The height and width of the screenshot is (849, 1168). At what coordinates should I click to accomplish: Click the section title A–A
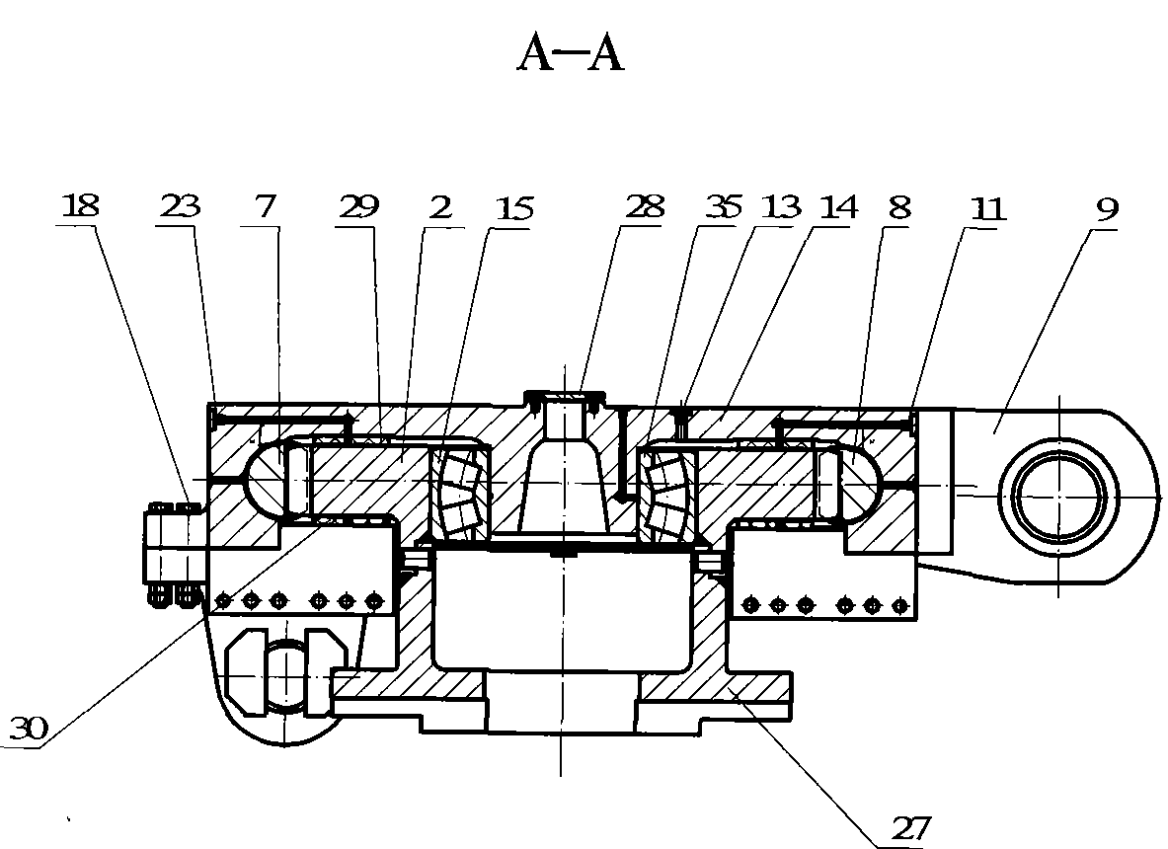[x=570, y=54]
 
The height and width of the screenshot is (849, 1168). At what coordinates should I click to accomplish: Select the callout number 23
[x=180, y=205]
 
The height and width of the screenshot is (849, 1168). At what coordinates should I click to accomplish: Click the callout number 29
[x=359, y=206]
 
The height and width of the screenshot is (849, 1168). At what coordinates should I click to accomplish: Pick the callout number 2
[x=440, y=207]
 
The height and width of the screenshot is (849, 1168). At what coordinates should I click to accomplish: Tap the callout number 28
[x=645, y=206]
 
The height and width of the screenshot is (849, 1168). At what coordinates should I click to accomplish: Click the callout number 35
[x=724, y=207]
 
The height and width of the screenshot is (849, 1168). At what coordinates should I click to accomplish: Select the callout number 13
[x=781, y=206]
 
